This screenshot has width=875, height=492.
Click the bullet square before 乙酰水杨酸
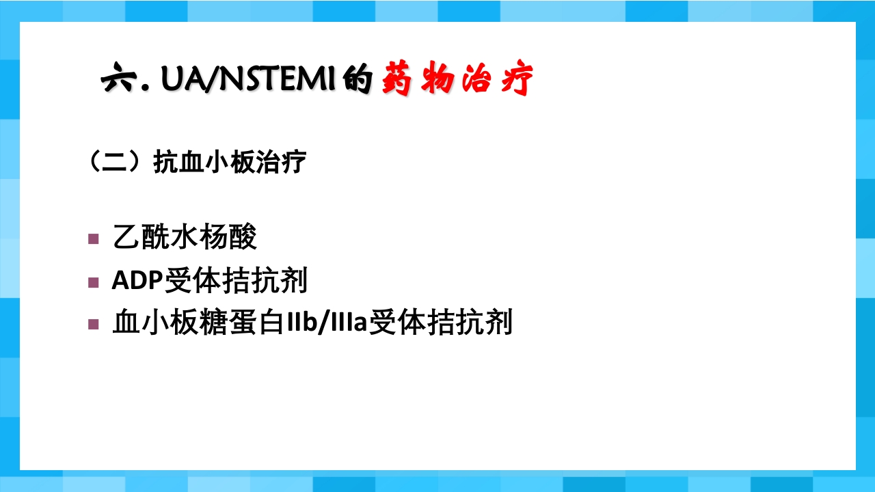tap(94, 238)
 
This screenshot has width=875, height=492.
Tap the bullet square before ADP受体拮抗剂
tap(94, 282)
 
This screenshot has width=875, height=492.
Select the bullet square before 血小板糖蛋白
tap(94, 324)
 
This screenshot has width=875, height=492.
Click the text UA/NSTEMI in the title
tap(248, 79)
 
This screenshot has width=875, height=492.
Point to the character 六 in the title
tap(119, 77)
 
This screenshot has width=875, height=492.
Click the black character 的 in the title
tap(358, 79)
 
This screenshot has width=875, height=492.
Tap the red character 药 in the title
tap(397, 78)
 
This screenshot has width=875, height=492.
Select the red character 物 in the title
tap(437, 78)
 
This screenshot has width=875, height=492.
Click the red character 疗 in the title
tap(517, 78)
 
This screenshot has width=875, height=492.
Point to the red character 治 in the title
tap(476, 78)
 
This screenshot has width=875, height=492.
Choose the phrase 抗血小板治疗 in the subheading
tap(230, 161)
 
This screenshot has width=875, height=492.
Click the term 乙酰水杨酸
tap(185, 236)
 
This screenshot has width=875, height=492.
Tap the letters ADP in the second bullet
tap(137, 280)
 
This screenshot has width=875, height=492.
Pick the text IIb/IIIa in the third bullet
tap(327, 323)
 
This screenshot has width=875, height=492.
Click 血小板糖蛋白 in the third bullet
tap(198, 322)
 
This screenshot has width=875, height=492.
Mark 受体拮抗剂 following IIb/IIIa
tap(440, 322)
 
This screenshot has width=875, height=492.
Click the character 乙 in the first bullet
tap(126, 237)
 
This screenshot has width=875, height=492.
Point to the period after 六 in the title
tap(146, 88)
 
